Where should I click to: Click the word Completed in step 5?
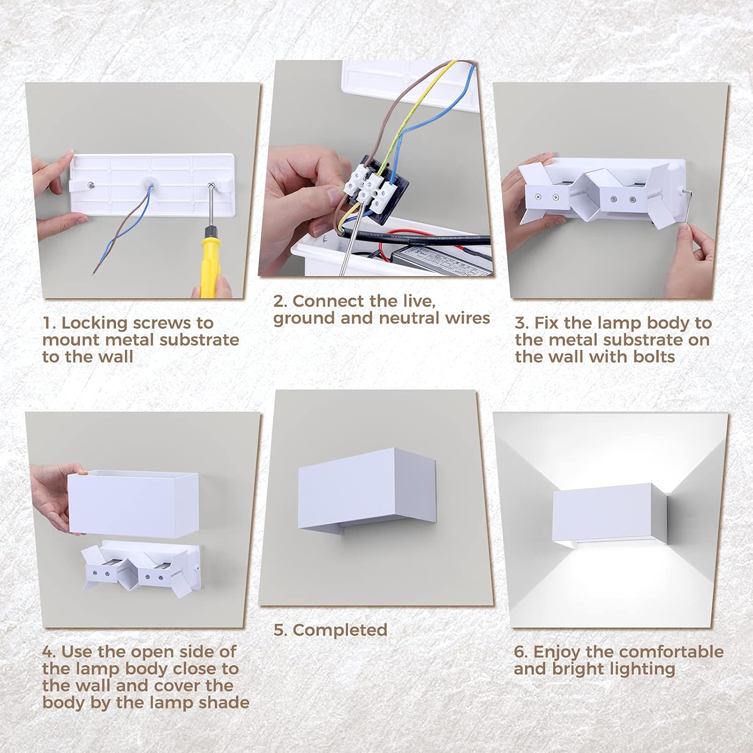pyautogui.click(x=340, y=630)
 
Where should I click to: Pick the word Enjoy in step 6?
pyautogui.click(x=557, y=653)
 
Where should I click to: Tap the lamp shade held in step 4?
pyautogui.click(x=133, y=502)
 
